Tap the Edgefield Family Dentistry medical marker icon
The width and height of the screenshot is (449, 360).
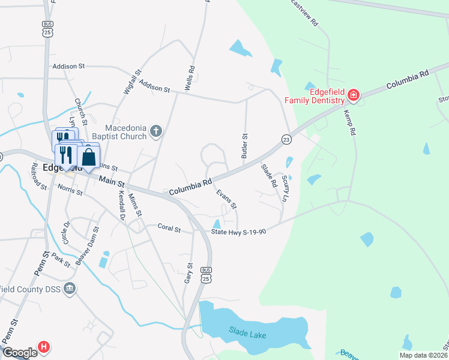[354, 95]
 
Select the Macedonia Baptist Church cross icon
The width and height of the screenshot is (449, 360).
[156, 131]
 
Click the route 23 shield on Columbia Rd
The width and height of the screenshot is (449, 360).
[286, 139]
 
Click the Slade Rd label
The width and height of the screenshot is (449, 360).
[267, 174]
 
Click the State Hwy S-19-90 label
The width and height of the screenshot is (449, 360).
[238, 231]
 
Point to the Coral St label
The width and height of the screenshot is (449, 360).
[169, 227]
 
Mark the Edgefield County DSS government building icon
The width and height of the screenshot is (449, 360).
[70, 289]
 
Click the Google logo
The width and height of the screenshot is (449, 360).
[20, 352]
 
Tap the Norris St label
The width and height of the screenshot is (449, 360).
[70, 191]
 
